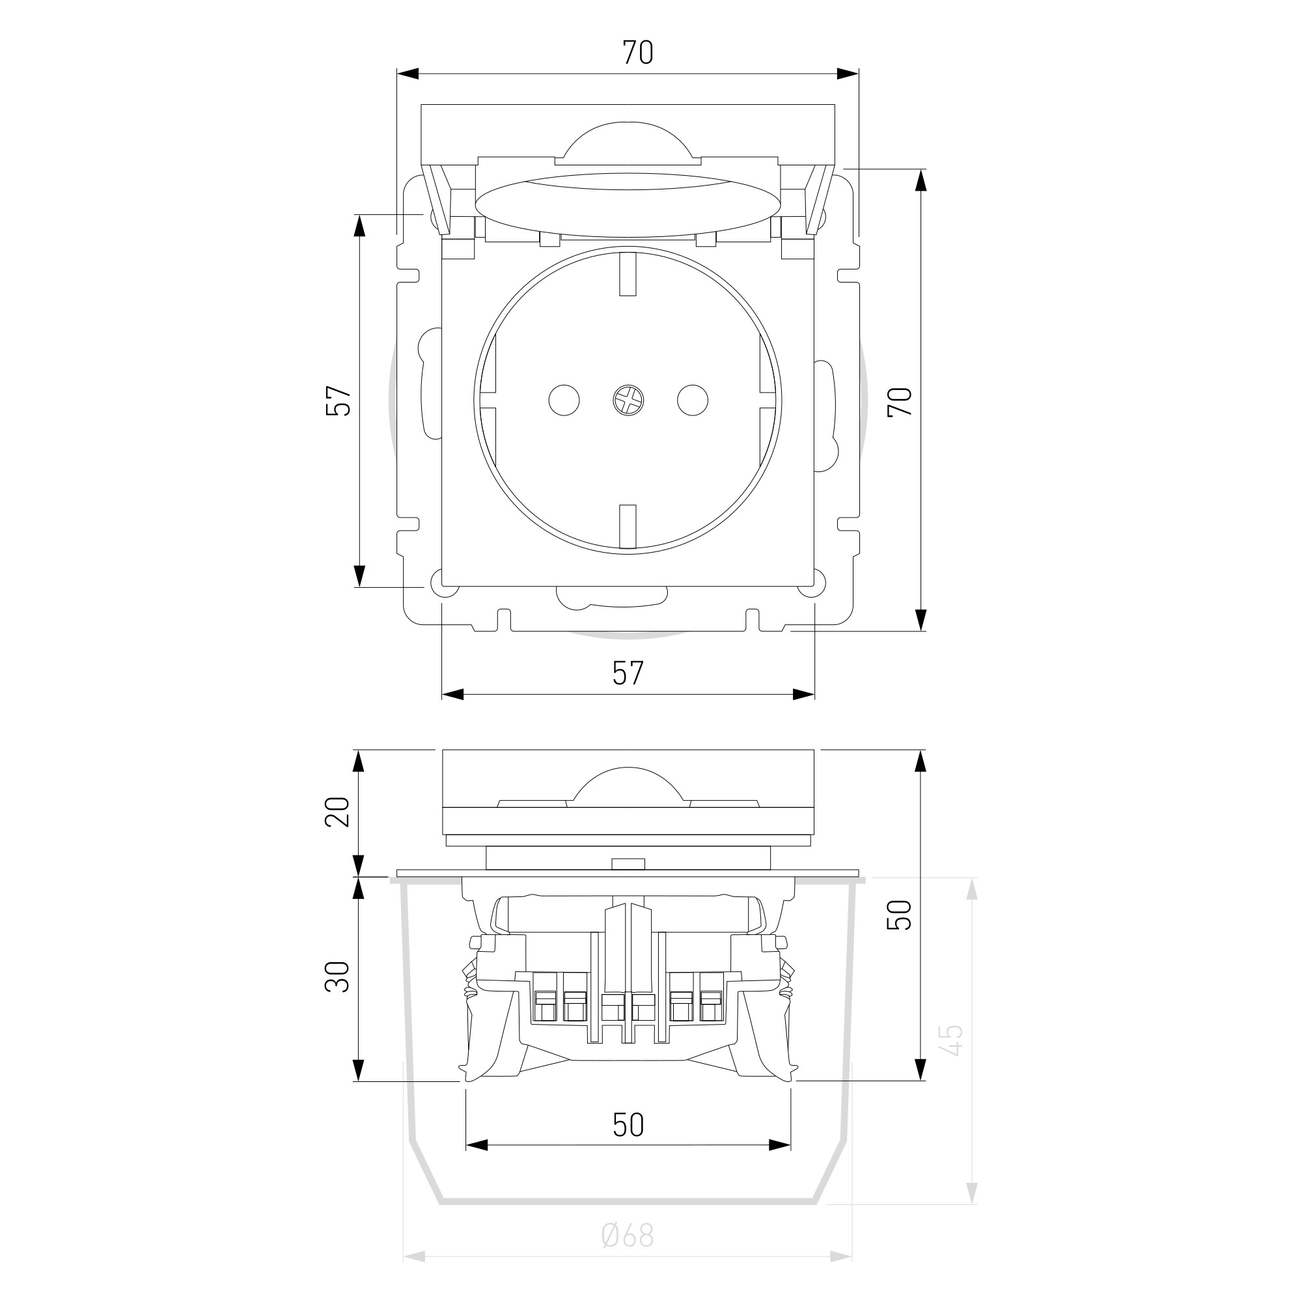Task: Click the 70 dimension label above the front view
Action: (x=637, y=53)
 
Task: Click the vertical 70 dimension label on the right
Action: (x=900, y=402)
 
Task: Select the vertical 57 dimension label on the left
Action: (x=339, y=401)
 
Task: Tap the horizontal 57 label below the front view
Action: (x=628, y=673)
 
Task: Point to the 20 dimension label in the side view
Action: (x=339, y=811)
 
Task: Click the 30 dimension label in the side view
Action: (x=339, y=976)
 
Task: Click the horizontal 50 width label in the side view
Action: (x=628, y=1125)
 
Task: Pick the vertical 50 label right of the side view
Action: (x=900, y=915)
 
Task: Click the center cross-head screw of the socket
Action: (x=628, y=401)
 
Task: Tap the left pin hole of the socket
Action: (x=564, y=401)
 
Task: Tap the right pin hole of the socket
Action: (x=693, y=401)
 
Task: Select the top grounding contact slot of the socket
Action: (x=628, y=274)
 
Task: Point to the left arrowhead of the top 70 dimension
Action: (x=408, y=74)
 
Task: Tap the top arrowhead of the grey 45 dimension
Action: (x=971, y=889)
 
